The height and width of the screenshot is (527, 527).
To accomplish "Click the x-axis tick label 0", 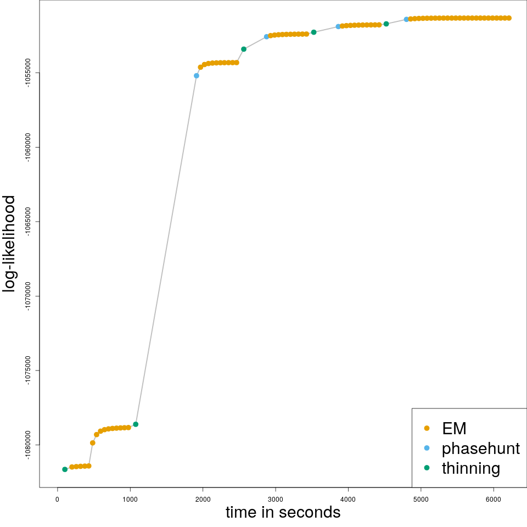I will coord(57,499).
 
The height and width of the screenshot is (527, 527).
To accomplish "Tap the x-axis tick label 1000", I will coord(130,499).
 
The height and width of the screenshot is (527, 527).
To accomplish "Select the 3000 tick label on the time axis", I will coord(276,499).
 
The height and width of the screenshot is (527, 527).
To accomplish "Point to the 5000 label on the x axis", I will coord(421,499).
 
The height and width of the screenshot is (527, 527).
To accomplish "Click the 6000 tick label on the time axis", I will coord(494,499).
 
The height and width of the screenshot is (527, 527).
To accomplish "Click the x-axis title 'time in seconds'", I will coord(283,513).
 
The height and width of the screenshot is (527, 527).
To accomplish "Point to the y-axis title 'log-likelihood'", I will coord(10,244).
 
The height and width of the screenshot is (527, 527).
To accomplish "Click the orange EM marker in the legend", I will coord(427,428).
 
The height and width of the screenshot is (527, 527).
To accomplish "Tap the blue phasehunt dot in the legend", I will coord(427,448).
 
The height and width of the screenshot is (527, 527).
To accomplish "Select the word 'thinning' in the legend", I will coord(471,468).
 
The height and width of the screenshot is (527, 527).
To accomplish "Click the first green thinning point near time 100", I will coord(65,469).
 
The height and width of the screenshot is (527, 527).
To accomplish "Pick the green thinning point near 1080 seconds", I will coord(136,424).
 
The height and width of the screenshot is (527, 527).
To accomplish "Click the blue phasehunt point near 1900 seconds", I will coord(197,76).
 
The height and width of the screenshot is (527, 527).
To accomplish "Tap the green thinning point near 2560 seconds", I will coord(244,49).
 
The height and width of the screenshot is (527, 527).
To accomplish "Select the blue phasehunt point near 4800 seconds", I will coord(406,19).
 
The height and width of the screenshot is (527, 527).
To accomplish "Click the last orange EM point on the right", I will coord(509,18).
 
